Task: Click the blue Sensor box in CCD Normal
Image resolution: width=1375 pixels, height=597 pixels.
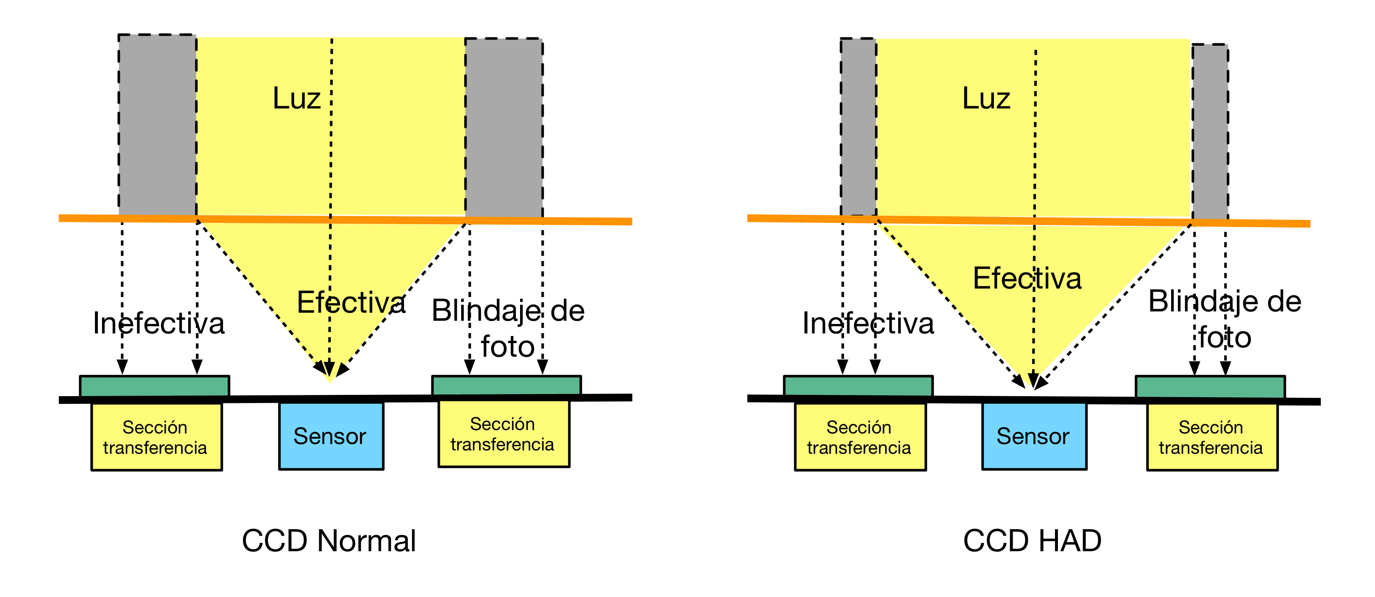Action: coord(331,436)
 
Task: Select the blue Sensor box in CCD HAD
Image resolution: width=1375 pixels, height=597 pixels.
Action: coord(1034,436)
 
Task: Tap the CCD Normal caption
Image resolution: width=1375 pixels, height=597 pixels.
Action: coord(329,541)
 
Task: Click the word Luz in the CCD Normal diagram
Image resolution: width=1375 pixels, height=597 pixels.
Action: coord(296,98)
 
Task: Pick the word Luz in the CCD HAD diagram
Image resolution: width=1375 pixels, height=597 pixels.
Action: coord(986,98)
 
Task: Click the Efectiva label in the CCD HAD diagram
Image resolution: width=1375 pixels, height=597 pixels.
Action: coord(1027,278)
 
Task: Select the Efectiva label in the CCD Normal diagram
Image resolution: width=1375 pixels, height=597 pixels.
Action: coord(351,303)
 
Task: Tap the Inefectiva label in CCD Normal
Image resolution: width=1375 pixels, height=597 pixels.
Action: coord(159,323)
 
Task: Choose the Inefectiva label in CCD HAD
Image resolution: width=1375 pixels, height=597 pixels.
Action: coord(868,323)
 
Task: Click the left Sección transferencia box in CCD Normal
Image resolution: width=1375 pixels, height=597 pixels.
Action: coord(156,437)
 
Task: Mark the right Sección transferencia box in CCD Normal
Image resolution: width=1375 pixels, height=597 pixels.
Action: coord(504,434)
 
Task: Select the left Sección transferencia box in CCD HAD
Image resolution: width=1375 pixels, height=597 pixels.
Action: coord(860,437)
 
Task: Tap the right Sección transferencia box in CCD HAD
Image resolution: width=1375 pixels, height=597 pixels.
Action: coord(1212,437)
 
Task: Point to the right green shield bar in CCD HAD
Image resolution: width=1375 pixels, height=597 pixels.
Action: coord(1210,387)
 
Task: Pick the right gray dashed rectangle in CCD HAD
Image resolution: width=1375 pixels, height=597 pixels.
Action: coord(1210,131)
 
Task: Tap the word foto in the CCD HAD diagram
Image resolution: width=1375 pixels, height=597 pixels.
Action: coord(1225,338)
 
